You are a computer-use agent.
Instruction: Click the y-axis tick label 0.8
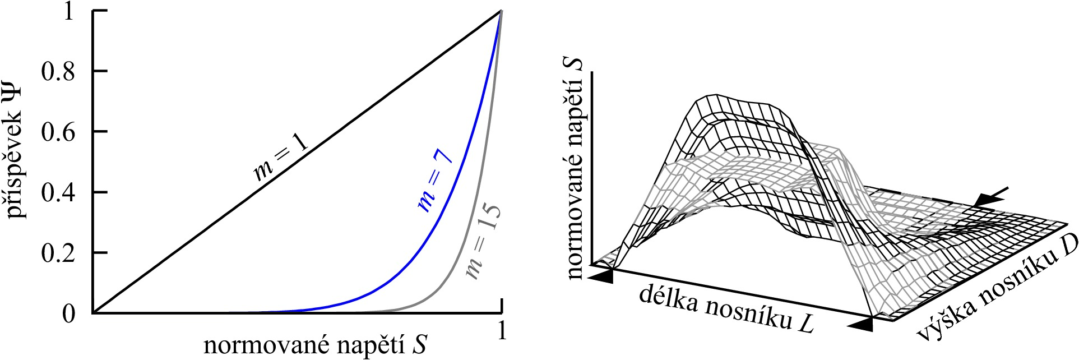click(x=58, y=72)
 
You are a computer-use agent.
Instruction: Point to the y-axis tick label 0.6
click(x=58, y=132)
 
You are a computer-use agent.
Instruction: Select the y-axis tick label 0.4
click(x=58, y=193)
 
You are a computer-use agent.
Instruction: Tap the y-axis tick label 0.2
click(x=58, y=253)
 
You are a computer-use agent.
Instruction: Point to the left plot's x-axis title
click(x=316, y=345)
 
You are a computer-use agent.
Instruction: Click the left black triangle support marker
click(x=601, y=276)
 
